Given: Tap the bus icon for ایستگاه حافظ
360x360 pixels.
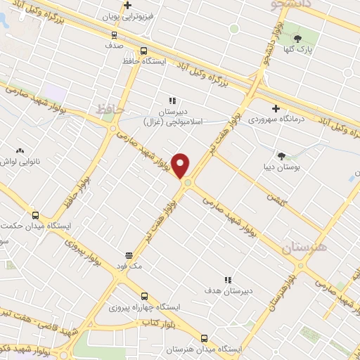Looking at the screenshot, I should point(143,51).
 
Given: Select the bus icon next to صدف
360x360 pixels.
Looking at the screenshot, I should point(114,34).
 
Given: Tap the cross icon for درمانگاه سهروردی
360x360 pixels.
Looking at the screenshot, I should point(276,108).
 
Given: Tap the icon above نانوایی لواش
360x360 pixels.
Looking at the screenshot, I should point(20,150).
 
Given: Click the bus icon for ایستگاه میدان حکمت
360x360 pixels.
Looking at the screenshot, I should point(35,215).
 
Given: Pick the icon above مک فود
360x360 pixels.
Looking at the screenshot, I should point(129,256).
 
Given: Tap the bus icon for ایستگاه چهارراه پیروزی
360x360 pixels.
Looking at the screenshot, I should point(144,296).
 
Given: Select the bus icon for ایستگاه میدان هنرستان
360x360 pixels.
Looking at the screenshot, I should point(204,337).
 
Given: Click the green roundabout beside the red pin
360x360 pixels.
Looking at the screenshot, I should point(188,184).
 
